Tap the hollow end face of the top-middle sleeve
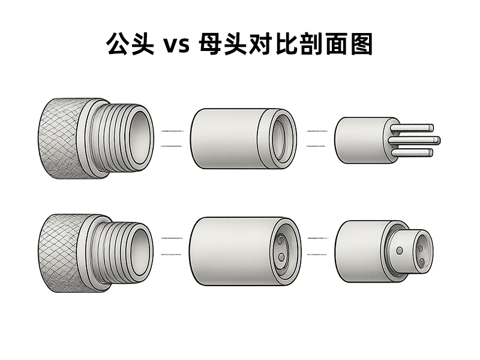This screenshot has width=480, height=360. tap(281, 139)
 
